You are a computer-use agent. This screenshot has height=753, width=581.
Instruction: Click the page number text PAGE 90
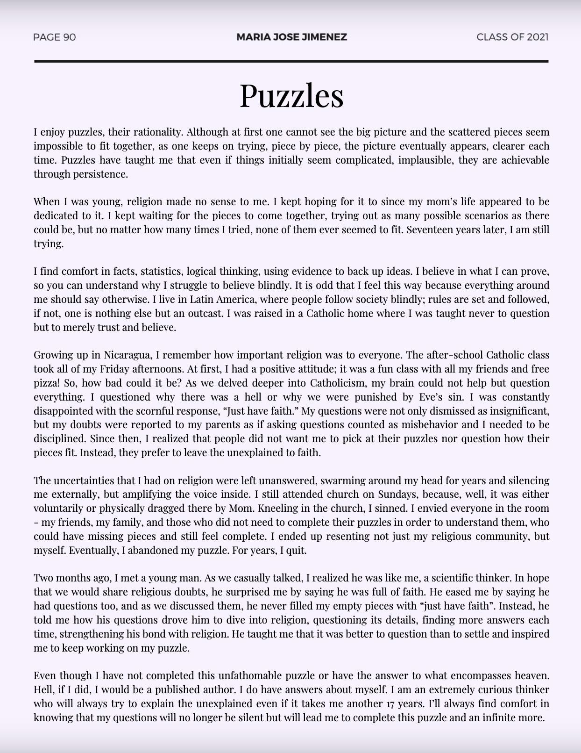click(x=55, y=37)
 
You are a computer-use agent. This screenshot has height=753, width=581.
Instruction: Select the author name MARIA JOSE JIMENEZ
click(x=291, y=37)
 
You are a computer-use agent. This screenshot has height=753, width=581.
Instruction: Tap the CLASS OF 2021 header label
click(x=512, y=37)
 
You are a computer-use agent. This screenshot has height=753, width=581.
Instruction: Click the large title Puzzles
click(x=291, y=95)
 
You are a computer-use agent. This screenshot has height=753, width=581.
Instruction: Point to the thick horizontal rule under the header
click(x=291, y=61)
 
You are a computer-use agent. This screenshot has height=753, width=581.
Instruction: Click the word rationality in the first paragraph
click(x=157, y=132)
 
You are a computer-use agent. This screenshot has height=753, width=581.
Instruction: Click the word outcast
click(x=205, y=313)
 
